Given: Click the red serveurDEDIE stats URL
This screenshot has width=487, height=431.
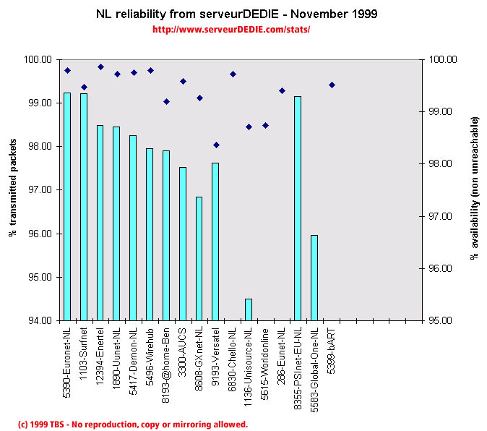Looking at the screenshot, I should click(x=231, y=30).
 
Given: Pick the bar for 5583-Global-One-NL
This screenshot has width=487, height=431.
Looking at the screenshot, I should click(x=314, y=278).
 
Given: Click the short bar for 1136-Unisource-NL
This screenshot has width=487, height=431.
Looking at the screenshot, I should click(x=249, y=310).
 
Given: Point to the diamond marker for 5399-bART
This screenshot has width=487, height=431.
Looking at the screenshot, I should click(x=332, y=85).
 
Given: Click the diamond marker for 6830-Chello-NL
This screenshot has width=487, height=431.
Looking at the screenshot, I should click(x=233, y=74).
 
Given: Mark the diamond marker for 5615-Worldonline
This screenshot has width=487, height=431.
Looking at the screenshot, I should click(x=265, y=125).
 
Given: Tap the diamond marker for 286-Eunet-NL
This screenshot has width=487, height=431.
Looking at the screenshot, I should click(x=282, y=90).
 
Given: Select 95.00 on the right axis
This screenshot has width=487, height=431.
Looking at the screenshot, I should click(x=442, y=320).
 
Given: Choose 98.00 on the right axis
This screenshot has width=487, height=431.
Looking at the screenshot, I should click(x=442, y=164).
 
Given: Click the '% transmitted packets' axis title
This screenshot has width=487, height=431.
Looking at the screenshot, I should click(x=14, y=190).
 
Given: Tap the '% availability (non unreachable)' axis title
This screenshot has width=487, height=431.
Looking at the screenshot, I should click(x=475, y=190).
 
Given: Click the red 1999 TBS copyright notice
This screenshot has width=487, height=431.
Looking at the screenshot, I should click(x=132, y=424).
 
